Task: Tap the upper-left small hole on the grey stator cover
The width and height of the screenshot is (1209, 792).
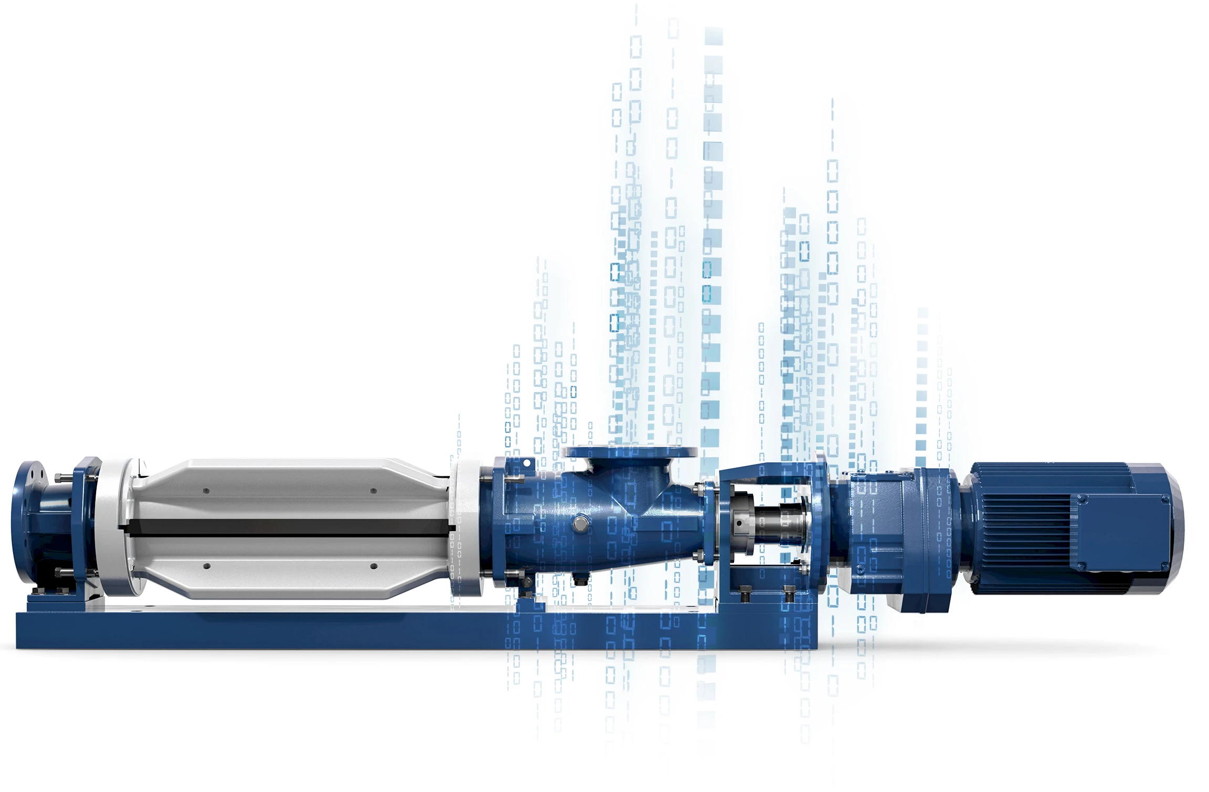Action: pyautogui.click(x=206, y=491)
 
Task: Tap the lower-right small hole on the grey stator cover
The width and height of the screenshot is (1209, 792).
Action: pyautogui.click(x=374, y=566)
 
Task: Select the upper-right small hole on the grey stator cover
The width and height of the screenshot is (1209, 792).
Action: pyautogui.click(x=373, y=491)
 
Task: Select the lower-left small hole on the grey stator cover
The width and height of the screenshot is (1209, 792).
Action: pyautogui.click(x=207, y=566)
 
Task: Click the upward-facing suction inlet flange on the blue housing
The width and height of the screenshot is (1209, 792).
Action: pyautogui.click(x=630, y=452)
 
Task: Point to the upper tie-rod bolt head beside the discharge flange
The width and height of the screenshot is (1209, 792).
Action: pyautogui.click(x=59, y=477)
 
